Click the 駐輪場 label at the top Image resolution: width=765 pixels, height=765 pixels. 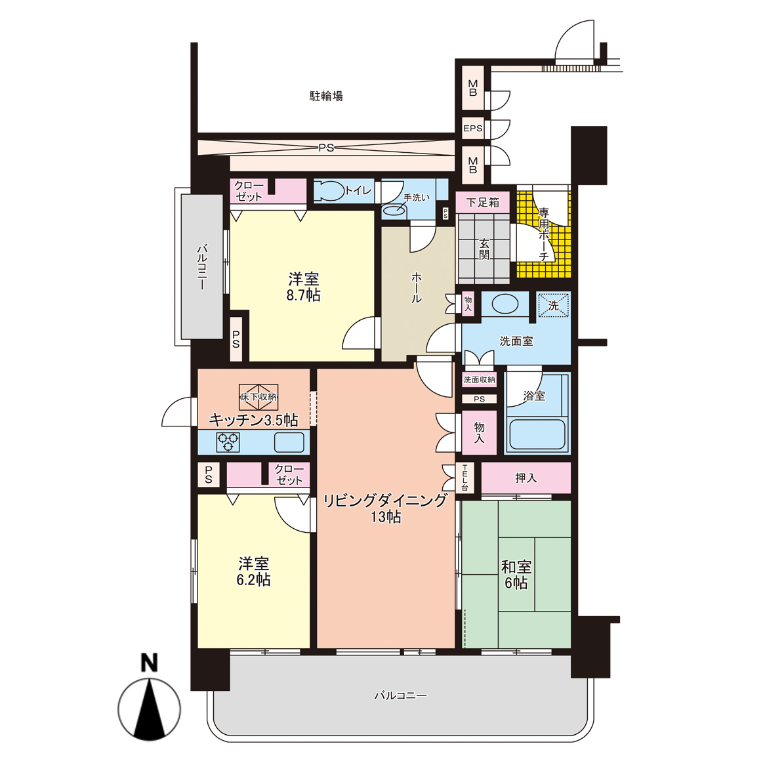tap(326, 96)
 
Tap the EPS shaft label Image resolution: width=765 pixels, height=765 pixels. tap(472, 129)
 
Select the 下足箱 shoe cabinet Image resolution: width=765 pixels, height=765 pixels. tap(482, 203)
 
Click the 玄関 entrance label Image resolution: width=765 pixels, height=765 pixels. tap(484, 249)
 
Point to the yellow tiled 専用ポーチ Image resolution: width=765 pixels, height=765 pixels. tap(543, 231)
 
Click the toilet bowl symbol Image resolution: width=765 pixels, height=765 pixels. tap(329, 191)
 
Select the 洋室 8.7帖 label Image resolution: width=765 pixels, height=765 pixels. tap(303, 287)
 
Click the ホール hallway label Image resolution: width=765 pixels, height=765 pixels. tap(416, 288)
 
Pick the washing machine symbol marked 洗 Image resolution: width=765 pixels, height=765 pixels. tap(553, 305)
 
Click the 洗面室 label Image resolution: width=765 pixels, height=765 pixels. tap(516, 342)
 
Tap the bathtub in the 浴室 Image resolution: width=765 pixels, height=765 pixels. tap(537, 434)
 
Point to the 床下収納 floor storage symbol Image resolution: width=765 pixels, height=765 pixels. tap(258, 397)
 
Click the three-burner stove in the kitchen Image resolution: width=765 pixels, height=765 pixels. tap(228, 442)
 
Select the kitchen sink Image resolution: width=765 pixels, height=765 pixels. tap(289, 442)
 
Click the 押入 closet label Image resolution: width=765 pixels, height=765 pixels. tap(526, 478)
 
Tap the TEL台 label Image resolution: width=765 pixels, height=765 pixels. tap(465, 478)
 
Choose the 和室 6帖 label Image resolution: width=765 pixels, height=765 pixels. tap(516, 575)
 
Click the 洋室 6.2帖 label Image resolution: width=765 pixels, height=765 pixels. tap(253, 571)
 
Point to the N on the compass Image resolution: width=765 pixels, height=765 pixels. tap(150, 663)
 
